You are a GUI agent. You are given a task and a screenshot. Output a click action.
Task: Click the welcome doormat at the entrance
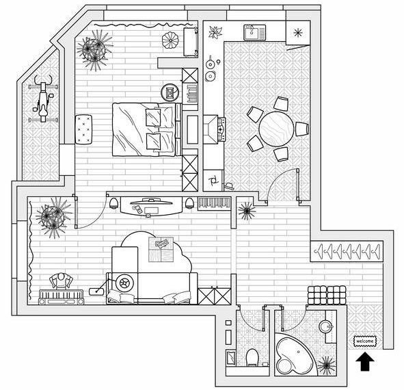click(365, 341)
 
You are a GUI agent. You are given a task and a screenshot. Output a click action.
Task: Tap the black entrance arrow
click(365, 361)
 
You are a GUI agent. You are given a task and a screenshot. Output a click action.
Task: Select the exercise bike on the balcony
click(43, 99)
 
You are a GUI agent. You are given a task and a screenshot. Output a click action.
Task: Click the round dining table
click(276, 129)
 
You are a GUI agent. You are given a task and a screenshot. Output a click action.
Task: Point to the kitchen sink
click(254, 33)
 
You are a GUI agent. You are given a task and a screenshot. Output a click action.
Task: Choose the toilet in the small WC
click(252, 357)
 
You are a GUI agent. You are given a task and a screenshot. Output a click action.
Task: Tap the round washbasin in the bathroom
click(325, 327)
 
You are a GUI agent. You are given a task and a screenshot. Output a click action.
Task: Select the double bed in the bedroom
click(146, 129)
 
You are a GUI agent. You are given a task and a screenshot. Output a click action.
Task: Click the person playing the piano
click(61, 281)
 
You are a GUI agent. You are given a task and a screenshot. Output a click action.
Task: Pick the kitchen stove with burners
click(221, 129)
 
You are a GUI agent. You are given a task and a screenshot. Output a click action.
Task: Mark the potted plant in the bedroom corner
click(94, 50)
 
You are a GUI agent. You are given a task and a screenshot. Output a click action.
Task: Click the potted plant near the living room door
click(53, 217)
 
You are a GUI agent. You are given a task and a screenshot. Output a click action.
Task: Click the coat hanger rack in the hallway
click(347, 251)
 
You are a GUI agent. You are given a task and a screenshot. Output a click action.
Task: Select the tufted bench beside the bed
click(83, 129)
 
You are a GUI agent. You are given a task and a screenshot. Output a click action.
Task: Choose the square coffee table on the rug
click(161, 250)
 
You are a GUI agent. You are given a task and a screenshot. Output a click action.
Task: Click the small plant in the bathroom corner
click(326, 366)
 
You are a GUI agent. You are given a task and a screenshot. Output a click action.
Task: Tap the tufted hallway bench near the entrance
click(327, 295)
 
